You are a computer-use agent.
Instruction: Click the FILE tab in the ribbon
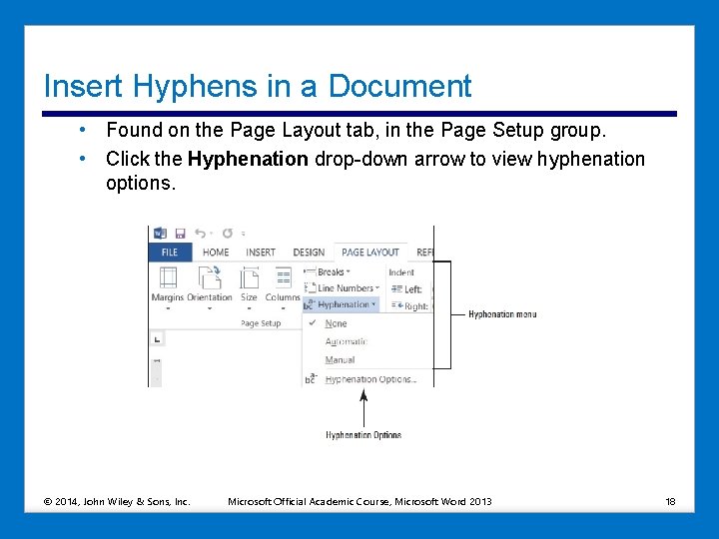(170, 253)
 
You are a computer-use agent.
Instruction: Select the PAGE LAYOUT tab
(369, 253)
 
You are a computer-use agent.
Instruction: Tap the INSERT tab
(261, 253)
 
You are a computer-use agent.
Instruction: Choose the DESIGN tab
(309, 253)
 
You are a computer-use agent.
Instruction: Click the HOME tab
(216, 253)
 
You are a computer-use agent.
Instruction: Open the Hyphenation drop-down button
(343, 304)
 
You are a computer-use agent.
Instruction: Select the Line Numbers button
(344, 288)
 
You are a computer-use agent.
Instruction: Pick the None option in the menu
(337, 323)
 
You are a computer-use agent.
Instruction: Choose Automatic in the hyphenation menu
(346, 341)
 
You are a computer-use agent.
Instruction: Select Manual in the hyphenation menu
(340, 359)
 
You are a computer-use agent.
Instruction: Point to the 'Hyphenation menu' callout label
(502, 314)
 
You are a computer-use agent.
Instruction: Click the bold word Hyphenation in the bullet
(248, 160)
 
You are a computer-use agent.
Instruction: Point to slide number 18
(670, 501)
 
